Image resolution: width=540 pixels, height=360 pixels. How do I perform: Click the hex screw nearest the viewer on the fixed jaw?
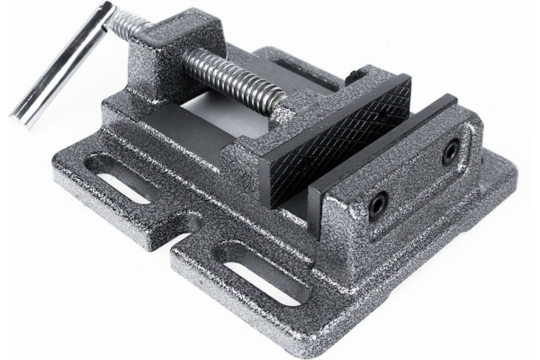tap(379, 199)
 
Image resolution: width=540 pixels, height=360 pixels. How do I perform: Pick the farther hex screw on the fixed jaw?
tap(449, 154)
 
